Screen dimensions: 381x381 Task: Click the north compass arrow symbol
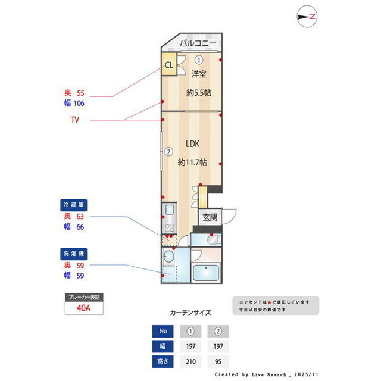coord(306,17)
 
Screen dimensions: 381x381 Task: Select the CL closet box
coord(168,65)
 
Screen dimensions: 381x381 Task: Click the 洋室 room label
coord(199,74)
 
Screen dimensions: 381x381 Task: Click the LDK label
coord(192,143)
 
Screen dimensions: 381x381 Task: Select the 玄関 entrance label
coord(210,217)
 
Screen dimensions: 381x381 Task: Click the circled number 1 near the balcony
coord(198,59)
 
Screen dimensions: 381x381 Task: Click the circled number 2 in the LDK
coord(168,151)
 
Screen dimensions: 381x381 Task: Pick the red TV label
coord(75,120)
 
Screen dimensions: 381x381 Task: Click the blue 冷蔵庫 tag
coord(74,205)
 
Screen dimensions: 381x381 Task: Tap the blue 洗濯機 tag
coord(74,253)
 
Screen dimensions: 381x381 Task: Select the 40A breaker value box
coord(84,308)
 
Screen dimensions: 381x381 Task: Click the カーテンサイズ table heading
coord(190,312)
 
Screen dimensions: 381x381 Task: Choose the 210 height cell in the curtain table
coord(190,361)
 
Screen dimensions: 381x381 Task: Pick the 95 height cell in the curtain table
coord(218,361)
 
